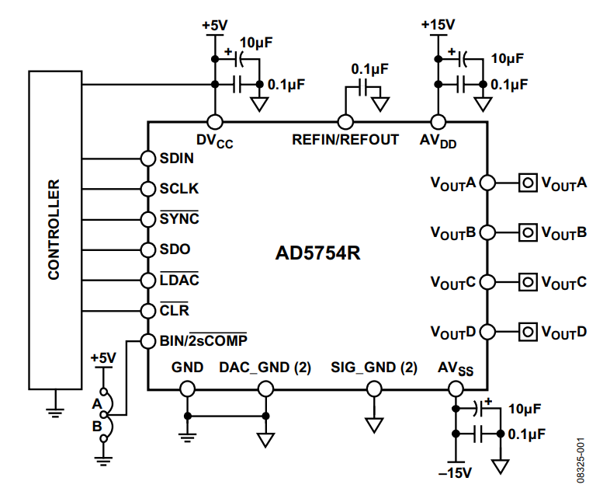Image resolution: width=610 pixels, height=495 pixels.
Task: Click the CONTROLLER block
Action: pyautogui.click(x=54, y=229)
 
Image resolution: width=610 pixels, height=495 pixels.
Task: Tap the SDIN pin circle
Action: pyautogui.click(x=147, y=158)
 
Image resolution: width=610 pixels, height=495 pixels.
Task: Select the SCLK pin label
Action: pyautogui.click(x=179, y=188)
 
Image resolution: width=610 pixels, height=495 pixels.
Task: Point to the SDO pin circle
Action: pyautogui.click(x=147, y=249)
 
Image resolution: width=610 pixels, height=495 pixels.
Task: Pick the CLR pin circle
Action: pyautogui.click(x=147, y=310)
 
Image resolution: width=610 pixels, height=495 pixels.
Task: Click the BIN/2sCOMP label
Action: pyautogui.click(x=203, y=340)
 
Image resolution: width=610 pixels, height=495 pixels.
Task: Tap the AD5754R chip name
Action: pyautogui.click(x=318, y=254)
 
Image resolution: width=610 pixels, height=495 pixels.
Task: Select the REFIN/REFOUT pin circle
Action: pyautogui.click(x=345, y=122)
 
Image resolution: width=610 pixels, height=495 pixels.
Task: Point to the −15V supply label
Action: pyautogui.click(x=455, y=472)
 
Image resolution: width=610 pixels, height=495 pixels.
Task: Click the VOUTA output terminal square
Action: pyautogui.click(x=528, y=183)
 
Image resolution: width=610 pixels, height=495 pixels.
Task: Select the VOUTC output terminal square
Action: pyautogui.click(x=528, y=281)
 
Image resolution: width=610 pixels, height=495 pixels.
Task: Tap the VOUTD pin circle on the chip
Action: pyautogui.click(x=487, y=331)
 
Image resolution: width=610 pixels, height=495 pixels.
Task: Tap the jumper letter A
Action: pyautogui.click(x=96, y=403)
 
